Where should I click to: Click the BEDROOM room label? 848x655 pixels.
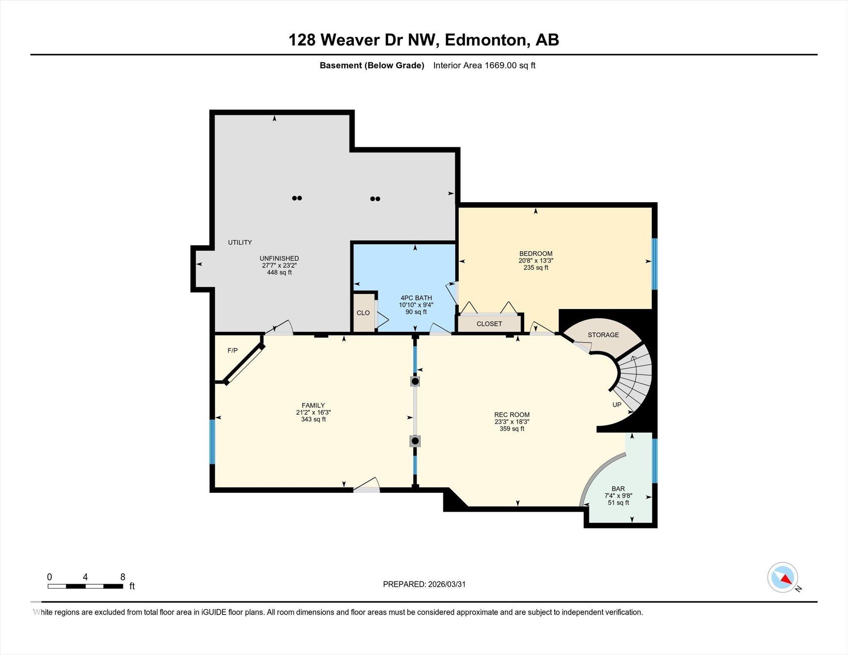pyautogui.click(x=535, y=254)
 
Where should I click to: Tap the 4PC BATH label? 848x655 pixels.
pyautogui.click(x=416, y=298)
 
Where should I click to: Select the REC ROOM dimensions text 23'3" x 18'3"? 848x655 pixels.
pyautogui.click(x=512, y=422)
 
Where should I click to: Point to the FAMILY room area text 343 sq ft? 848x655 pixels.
pyautogui.click(x=313, y=419)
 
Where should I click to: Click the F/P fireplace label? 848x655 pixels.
pyautogui.click(x=232, y=350)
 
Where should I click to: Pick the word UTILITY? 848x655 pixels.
pyautogui.click(x=240, y=242)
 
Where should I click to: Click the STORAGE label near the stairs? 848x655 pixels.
pyautogui.click(x=603, y=335)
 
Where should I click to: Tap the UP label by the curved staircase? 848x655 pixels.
pyautogui.click(x=617, y=405)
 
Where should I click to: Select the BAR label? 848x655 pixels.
pyautogui.click(x=618, y=489)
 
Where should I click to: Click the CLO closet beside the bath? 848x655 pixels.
pyautogui.click(x=363, y=313)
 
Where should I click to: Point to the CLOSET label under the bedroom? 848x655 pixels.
pyautogui.click(x=489, y=324)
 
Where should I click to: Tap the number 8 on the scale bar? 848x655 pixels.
pyautogui.click(x=123, y=577)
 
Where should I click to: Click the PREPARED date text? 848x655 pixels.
pyautogui.click(x=424, y=584)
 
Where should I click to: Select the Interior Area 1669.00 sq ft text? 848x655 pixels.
pyautogui.click(x=484, y=65)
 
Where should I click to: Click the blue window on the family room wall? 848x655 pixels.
pyautogui.click(x=212, y=441)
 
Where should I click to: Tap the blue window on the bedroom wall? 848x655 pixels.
pyautogui.click(x=655, y=264)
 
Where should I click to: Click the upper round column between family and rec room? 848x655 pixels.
pyautogui.click(x=415, y=381)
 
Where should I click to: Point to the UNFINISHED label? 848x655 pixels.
pyautogui.click(x=279, y=258)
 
